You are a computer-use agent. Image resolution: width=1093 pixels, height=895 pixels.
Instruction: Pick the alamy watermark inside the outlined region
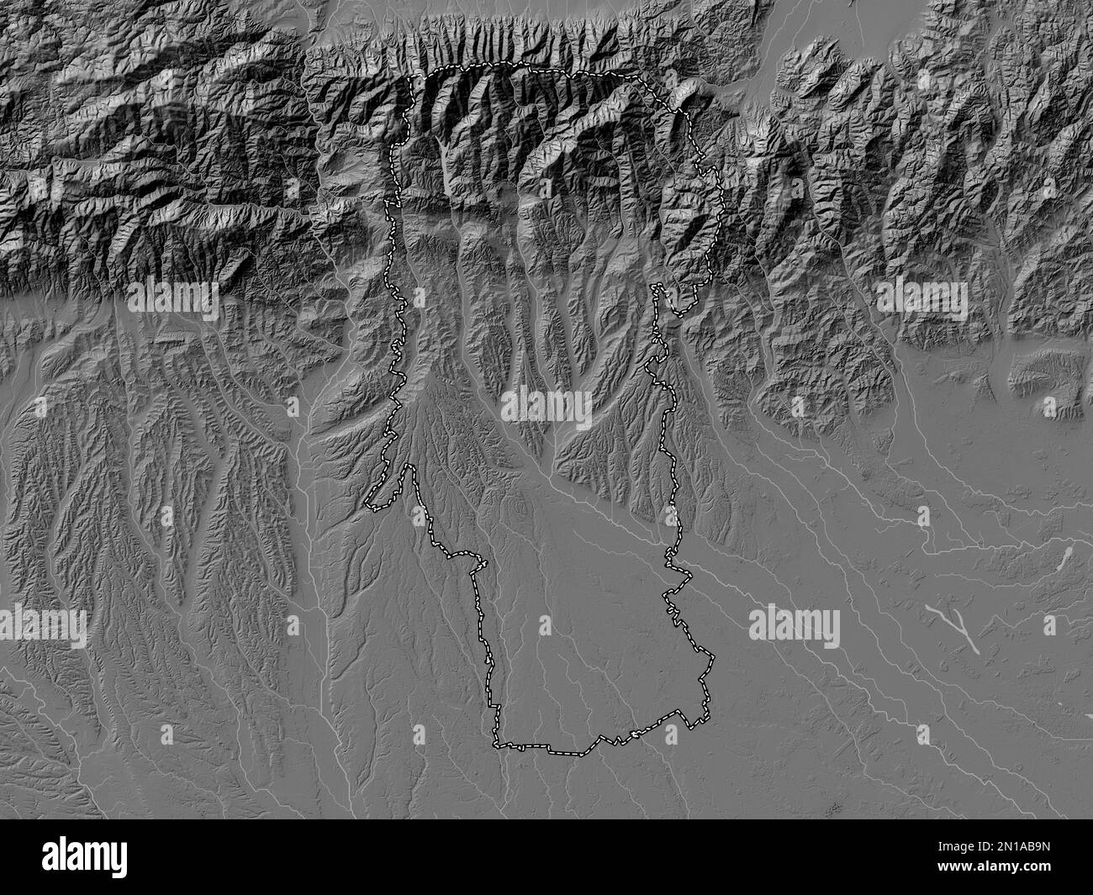point(546,408)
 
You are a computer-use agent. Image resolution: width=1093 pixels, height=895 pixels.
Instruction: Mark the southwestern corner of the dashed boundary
point(495,744)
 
